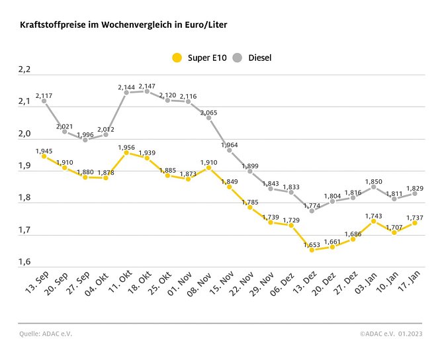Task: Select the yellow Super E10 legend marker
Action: pos(176,58)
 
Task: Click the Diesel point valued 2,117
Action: pos(44,101)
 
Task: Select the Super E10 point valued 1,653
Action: pos(312,249)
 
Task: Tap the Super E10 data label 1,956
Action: pos(126,147)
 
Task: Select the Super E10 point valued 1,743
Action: pos(374,221)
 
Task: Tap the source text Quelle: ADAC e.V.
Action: pos(45,334)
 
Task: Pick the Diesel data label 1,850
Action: pos(374,181)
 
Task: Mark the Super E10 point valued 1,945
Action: pos(44,156)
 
